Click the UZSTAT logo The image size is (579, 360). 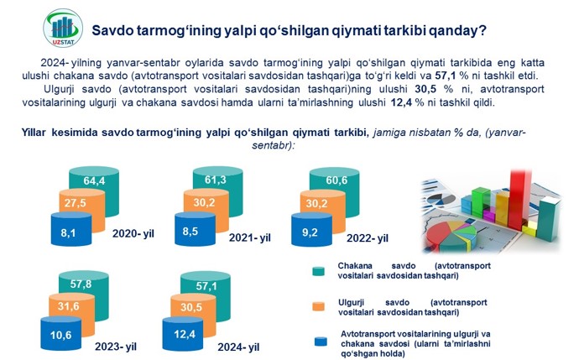tap(63, 28)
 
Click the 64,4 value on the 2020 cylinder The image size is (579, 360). tap(94, 180)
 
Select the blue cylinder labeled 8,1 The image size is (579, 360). tap(71, 229)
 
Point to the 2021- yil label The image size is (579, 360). tap(249, 237)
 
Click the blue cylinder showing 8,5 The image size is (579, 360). tap(195, 229)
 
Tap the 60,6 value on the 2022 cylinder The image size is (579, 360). tap(336, 180)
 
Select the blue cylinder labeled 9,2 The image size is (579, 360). tap(311, 230)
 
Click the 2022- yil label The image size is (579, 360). tap(367, 238)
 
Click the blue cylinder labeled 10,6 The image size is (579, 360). tap(61, 333)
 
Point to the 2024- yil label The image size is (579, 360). tap(238, 347)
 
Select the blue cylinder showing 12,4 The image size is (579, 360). tap(183, 333)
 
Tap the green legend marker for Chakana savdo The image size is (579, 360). tap(318, 271)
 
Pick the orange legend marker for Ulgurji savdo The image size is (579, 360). tap(318, 306)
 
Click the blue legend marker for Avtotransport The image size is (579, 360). tap(321, 342)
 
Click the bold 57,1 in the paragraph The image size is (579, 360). tap(446, 76)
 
